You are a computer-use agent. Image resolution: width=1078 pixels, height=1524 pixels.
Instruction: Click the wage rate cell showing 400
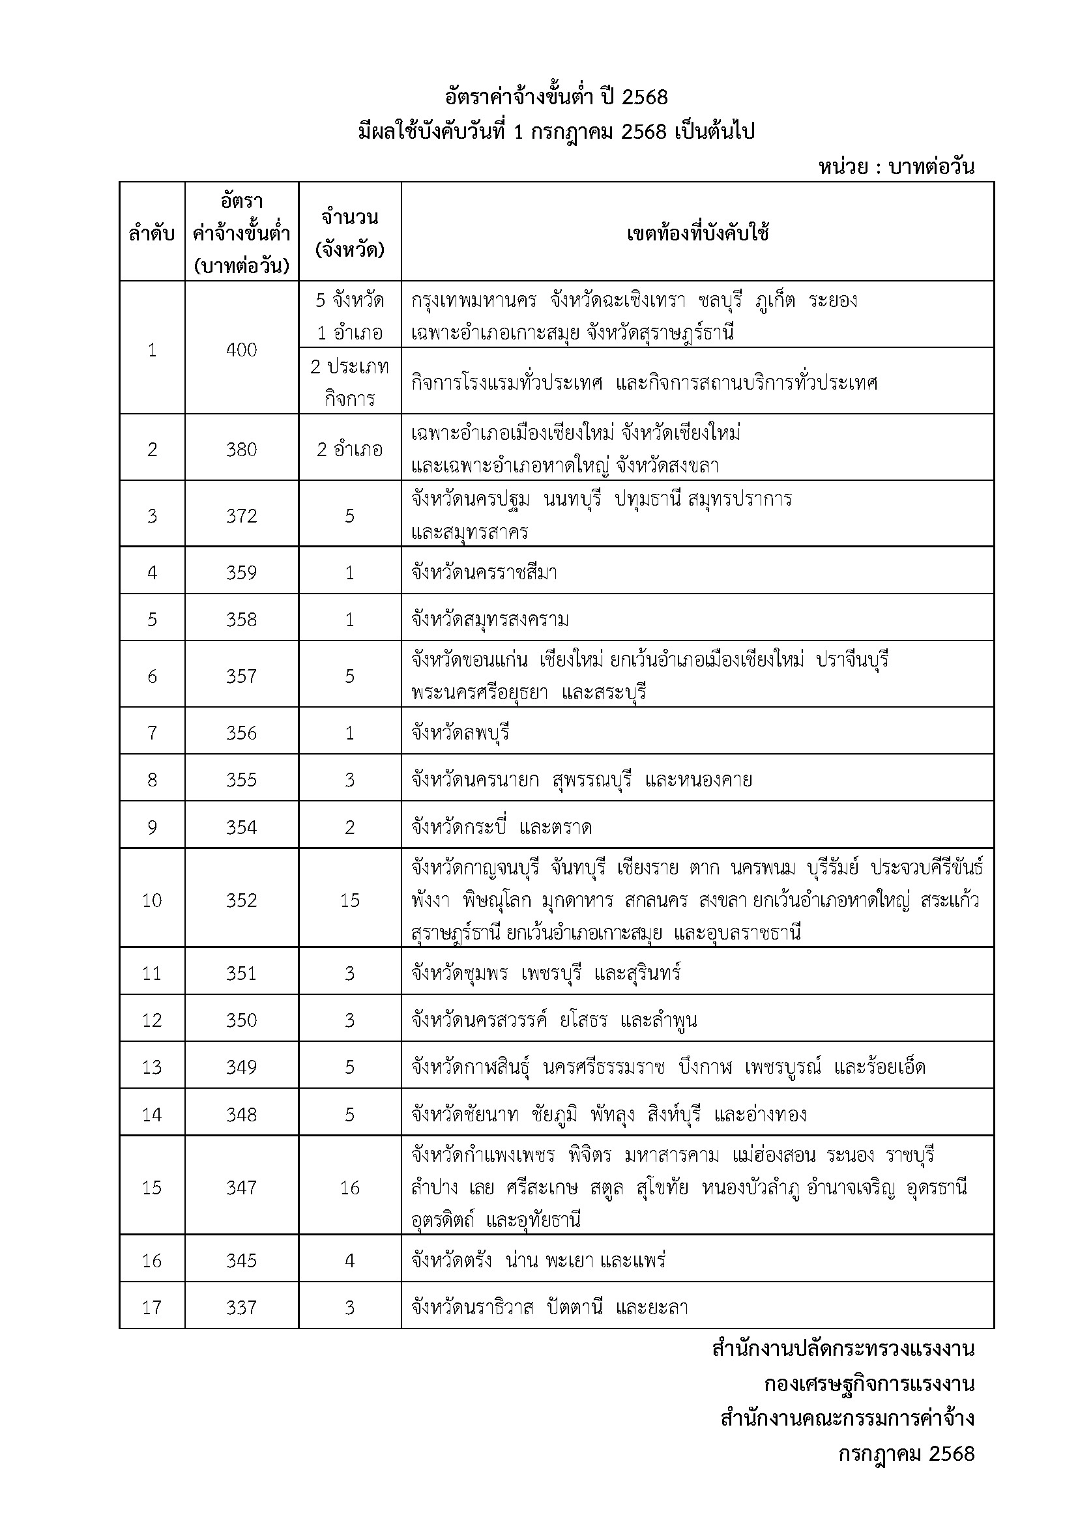tap(241, 350)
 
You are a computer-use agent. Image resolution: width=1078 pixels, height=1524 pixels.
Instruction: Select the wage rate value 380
tap(241, 450)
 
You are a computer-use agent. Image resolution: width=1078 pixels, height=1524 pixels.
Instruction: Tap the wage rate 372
tap(241, 516)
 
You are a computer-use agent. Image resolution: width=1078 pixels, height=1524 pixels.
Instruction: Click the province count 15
tap(350, 900)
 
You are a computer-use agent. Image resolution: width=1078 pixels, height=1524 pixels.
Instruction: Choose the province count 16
tap(350, 1188)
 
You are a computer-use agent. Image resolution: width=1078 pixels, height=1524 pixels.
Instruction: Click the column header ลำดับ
tap(152, 234)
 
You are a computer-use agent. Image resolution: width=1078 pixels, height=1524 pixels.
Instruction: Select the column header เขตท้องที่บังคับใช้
tap(697, 234)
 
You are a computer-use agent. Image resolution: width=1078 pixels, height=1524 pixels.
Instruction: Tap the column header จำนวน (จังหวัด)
tap(350, 233)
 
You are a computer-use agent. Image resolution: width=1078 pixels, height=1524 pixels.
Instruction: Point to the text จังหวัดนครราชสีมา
tap(484, 572)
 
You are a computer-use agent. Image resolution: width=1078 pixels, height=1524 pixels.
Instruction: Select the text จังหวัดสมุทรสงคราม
tap(490, 619)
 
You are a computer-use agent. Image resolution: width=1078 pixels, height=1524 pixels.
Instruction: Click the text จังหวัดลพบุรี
tap(460, 733)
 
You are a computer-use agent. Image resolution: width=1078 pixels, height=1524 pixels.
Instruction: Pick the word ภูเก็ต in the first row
tap(775, 300)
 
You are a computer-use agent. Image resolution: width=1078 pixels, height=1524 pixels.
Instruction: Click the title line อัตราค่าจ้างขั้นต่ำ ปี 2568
tap(556, 98)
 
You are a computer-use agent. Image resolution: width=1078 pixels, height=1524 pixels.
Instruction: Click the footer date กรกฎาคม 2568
tap(906, 1454)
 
